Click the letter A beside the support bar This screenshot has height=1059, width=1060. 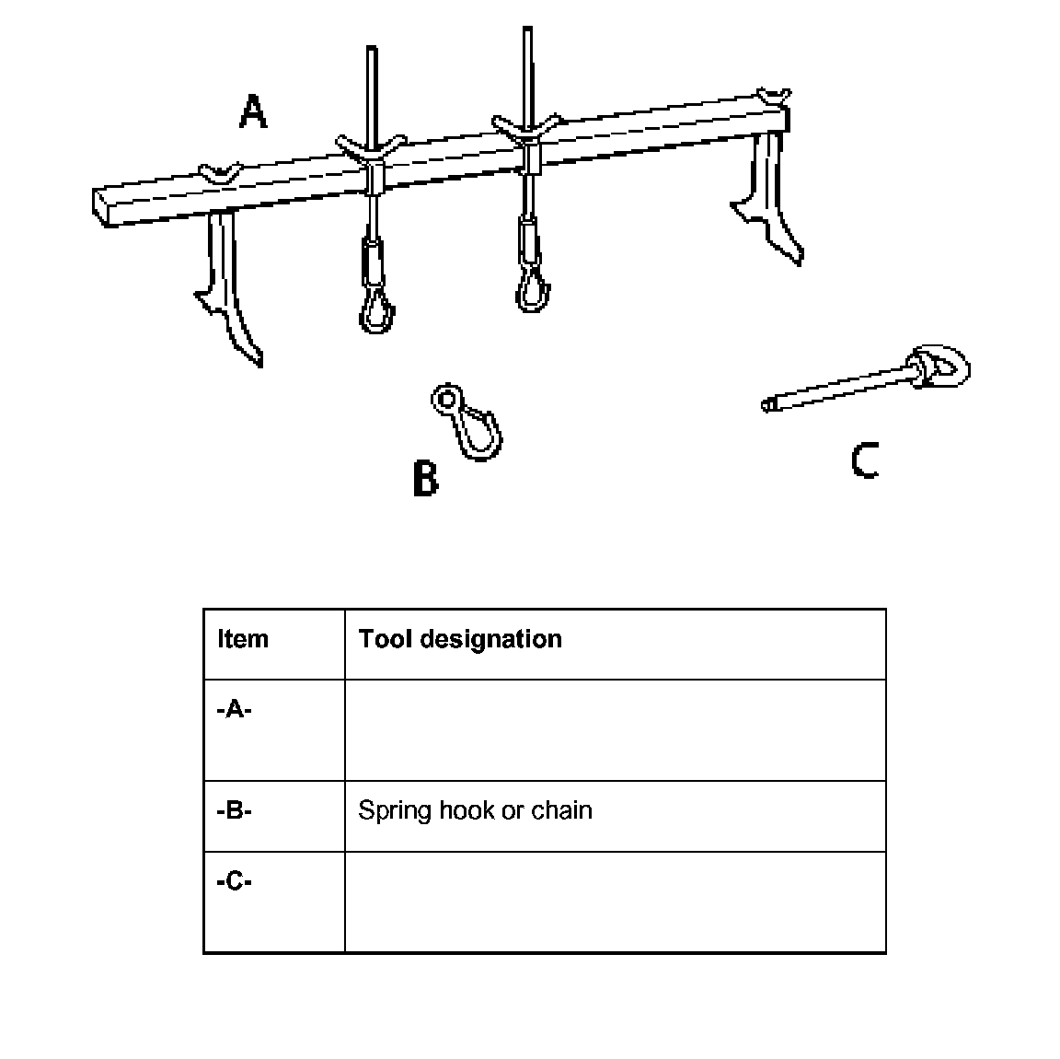(252, 111)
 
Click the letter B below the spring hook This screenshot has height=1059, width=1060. (425, 479)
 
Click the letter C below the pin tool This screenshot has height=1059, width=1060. (865, 460)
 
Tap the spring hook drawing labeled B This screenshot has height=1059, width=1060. (469, 422)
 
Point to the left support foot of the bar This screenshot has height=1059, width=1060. (230, 290)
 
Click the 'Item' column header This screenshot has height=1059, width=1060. (243, 639)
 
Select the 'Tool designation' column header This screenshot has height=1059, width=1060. (460, 639)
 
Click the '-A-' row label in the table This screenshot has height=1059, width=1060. (235, 709)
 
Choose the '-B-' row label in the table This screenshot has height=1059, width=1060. (235, 810)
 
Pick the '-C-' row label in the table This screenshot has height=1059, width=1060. (235, 881)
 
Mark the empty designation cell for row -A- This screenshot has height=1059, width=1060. (615, 730)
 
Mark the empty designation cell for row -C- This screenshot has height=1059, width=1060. (615, 902)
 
